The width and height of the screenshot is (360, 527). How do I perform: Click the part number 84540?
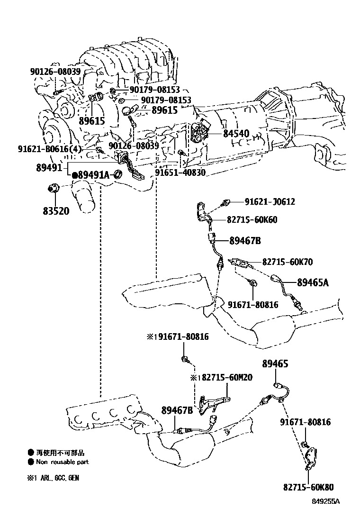[x=236, y=134]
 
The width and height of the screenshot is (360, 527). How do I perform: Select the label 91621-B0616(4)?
[x=50, y=148]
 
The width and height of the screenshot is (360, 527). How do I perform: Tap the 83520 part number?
[x=56, y=211]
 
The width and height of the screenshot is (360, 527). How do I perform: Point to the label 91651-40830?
[x=180, y=173]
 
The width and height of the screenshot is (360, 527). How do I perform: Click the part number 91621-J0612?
[x=270, y=201]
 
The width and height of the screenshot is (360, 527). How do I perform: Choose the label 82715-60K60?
[x=252, y=219]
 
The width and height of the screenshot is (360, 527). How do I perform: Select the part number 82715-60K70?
[x=288, y=262]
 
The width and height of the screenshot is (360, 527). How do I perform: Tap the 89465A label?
[x=313, y=282]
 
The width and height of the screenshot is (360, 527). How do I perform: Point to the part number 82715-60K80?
[x=308, y=487]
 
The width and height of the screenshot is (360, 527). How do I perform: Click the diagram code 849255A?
[x=326, y=502]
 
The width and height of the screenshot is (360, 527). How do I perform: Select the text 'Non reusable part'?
[x=63, y=462]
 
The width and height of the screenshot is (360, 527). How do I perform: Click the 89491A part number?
[x=94, y=175]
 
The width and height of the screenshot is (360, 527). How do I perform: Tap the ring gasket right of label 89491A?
[x=117, y=174]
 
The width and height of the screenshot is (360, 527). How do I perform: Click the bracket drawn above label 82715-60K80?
[x=312, y=458]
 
